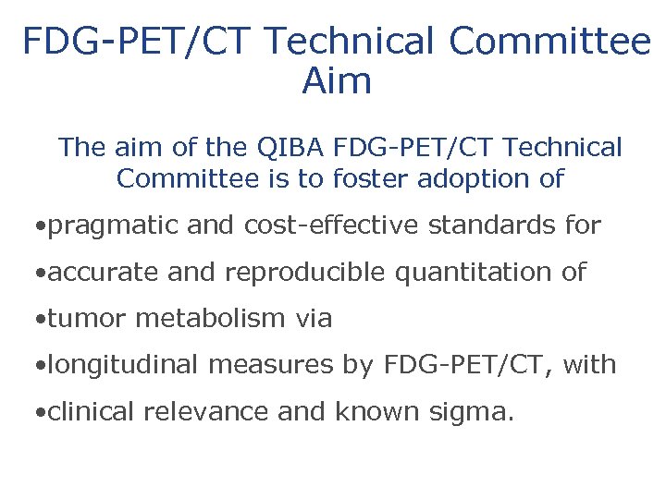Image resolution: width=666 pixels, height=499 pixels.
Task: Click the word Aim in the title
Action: tap(337, 81)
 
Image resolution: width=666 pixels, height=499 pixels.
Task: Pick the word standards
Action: tap(508, 225)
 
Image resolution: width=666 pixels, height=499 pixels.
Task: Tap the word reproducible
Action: tap(312, 273)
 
